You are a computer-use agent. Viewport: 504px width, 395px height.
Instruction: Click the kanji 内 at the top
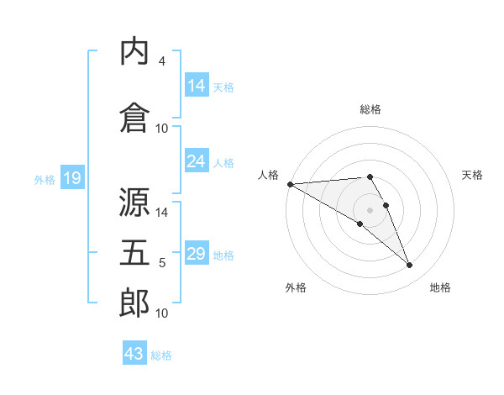pos(134,51)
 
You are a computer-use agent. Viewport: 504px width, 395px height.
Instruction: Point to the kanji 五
pos(134,253)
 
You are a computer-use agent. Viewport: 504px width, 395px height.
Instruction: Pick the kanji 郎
pos(134,303)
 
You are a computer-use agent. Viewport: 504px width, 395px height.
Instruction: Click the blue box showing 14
pos(197,85)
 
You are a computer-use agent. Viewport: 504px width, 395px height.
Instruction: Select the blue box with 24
pos(197,161)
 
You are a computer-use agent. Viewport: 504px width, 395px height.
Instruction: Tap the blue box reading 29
pos(197,254)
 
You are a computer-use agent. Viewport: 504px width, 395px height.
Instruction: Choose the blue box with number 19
pos(72,177)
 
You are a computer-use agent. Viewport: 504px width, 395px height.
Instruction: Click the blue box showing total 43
pos(134,354)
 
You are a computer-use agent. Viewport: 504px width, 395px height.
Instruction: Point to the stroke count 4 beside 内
pos(162,61)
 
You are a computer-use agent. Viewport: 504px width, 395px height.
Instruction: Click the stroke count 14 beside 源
pos(162,213)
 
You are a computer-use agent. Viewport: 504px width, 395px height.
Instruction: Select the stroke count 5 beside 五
pos(162,263)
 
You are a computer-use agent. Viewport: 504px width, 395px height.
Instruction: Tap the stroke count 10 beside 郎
pos(162,313)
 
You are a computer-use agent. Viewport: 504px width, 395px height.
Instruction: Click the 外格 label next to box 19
pos(45,179)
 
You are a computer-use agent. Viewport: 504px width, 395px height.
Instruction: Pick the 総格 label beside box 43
pos(161,355)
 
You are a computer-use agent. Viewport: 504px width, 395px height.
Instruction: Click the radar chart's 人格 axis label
pos(269,175)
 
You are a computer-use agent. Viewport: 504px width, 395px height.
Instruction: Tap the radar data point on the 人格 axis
pos(290,184)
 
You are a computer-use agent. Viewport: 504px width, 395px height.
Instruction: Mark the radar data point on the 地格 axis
pos(410,266)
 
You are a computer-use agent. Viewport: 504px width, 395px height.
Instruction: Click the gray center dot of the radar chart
pos(370,209)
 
